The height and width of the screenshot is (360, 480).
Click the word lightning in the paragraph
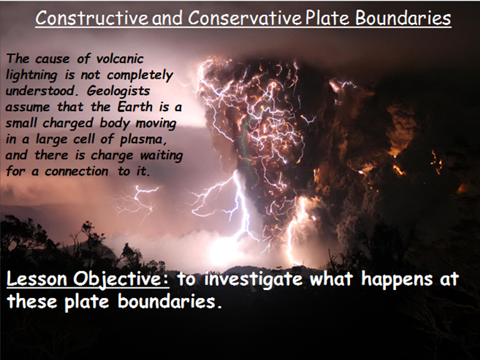pyautogui.click(x=36, y=75)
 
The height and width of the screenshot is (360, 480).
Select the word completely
pyautogui.click(x=139, y=75)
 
